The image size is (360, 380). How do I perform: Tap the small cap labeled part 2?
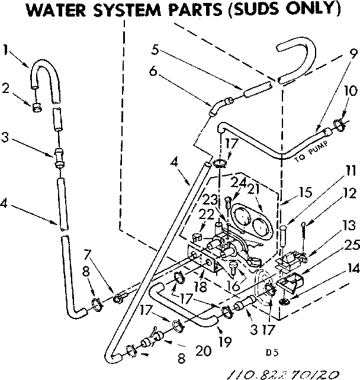36,108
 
